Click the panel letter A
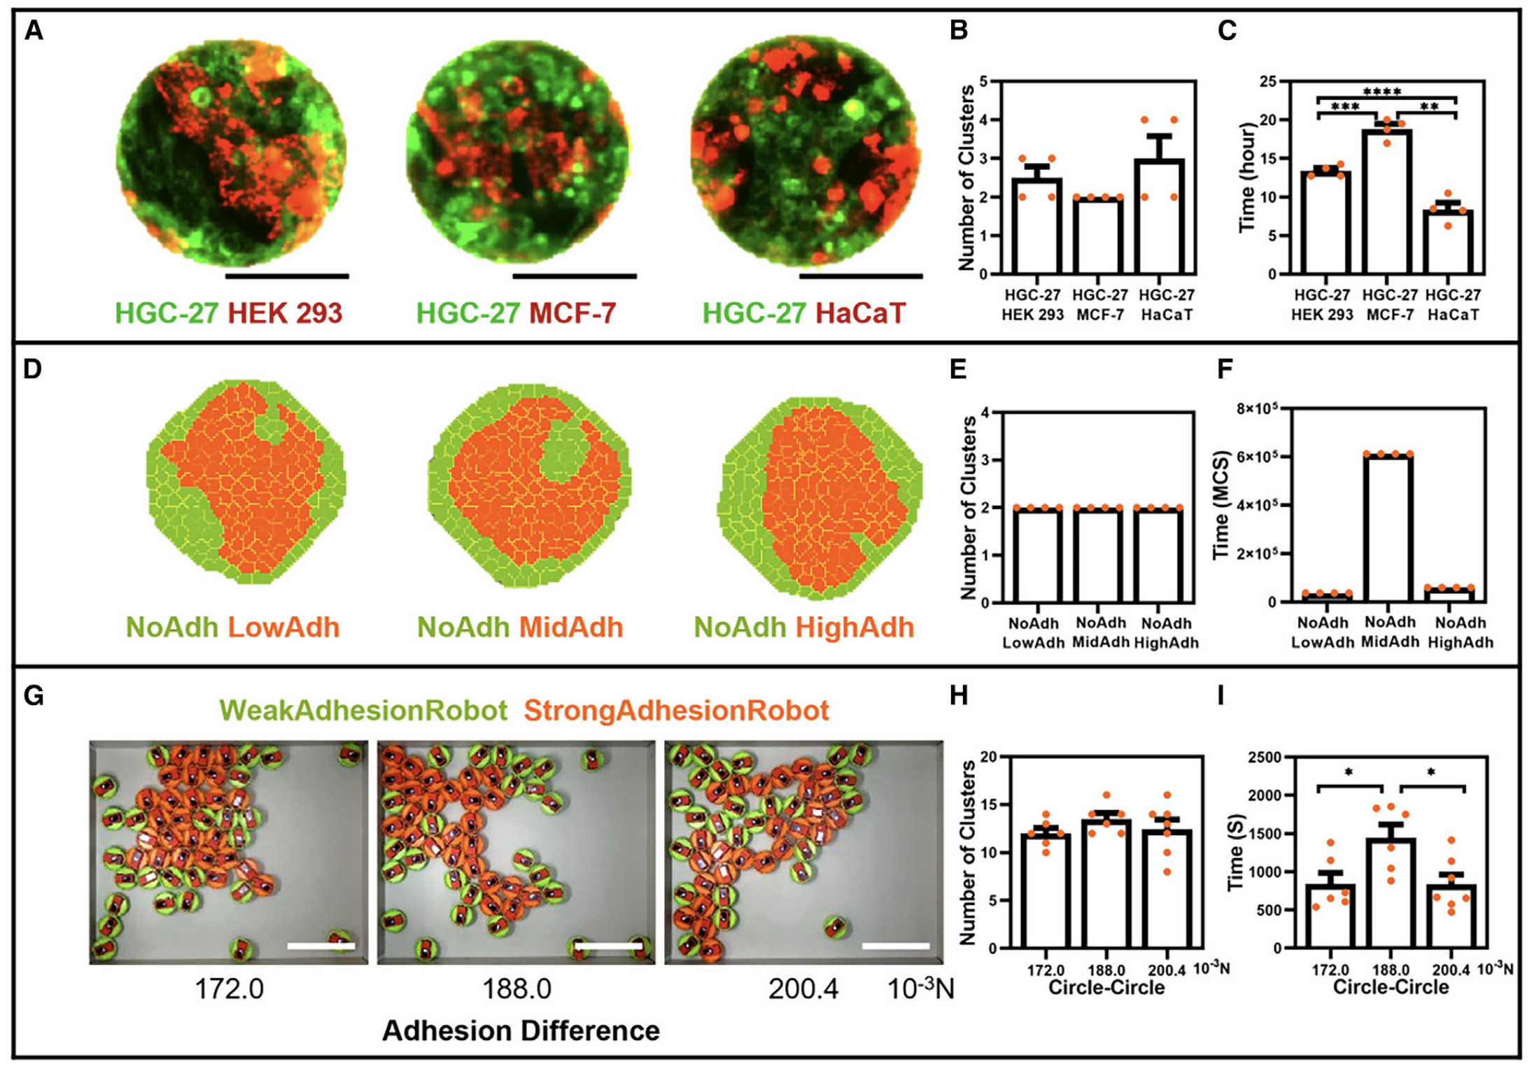[x=34, y=31]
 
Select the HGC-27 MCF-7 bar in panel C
[x=1386, y=203]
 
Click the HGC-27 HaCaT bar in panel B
[x=1159, y=217]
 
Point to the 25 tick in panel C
[x=1267, y=82]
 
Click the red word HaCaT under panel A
[x=860, y=313]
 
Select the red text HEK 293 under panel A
[x=285, y=313]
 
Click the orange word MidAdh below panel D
[x=571, y=627]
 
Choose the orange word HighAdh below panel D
[x=854, y=627]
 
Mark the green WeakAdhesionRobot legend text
[x=363, y=711]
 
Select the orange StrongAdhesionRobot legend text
[x=676, y=711]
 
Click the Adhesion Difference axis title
[x=521, y=1031]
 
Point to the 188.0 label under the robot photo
[x=516, y=989]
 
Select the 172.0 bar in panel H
[x=1045, y=892]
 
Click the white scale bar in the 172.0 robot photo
[x=321, y=946]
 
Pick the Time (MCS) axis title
[x=1221, y=505]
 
